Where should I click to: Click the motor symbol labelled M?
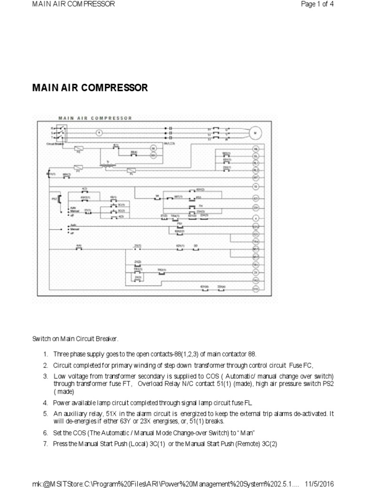[x=255, y=132]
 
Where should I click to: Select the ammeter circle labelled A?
[x=100, y=132]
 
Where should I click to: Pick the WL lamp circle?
[x=255, y=149]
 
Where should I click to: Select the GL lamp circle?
[x=255, y=156]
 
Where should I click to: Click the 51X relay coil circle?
[x=255, y=289]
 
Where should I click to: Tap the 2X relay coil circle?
[x=255, y=273]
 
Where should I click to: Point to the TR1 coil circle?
[x=255, y=264]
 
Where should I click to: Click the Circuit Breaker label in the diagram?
[x=55, y=142]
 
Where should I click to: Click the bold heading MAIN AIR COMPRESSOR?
[x=90, y=88]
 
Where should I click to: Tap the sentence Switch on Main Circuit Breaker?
[x=75, y=339]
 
